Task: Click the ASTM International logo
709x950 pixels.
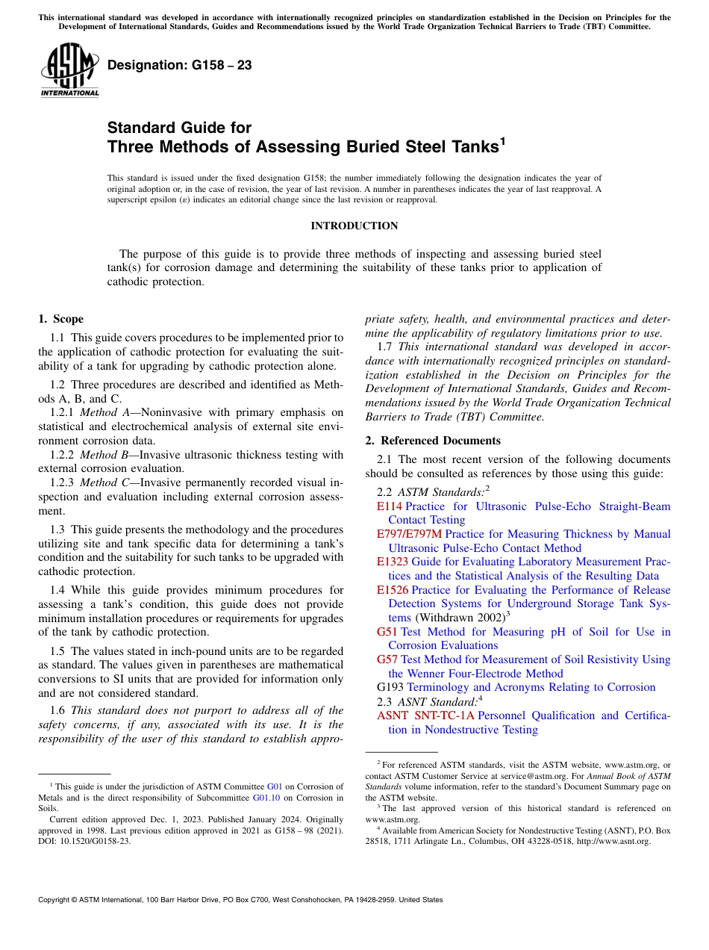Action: click(69, 71)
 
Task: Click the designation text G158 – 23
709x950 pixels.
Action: click(179, 66)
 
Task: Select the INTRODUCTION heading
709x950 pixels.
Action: click(354, 226)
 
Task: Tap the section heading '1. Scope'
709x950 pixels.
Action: click(61, 319)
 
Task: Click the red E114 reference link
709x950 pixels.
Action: click(390, 506)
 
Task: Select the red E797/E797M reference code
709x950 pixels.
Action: click(409, 534)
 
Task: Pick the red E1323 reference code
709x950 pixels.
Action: click(393, 562)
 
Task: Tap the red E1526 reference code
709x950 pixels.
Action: click(393, 590)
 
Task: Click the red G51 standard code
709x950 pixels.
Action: click(387, 632)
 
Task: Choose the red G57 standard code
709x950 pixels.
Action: click(387, 659)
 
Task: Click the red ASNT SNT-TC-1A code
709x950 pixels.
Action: click(425, 715)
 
